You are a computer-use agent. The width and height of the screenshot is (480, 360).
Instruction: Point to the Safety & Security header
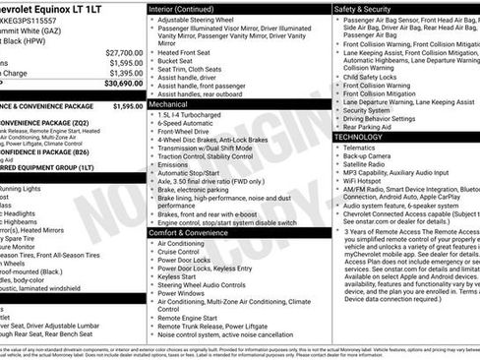pyautogui.click(x=370, y=7)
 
